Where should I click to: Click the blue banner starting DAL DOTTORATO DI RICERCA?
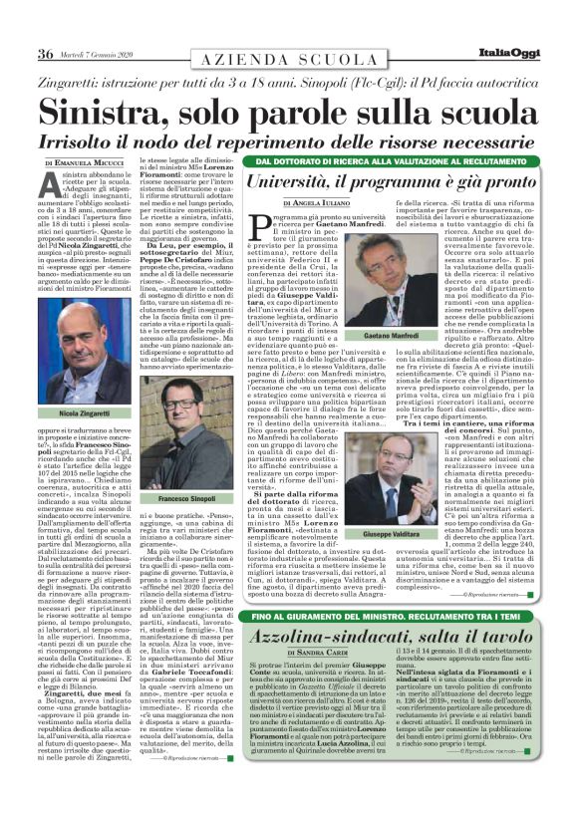[x=399, y=160]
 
